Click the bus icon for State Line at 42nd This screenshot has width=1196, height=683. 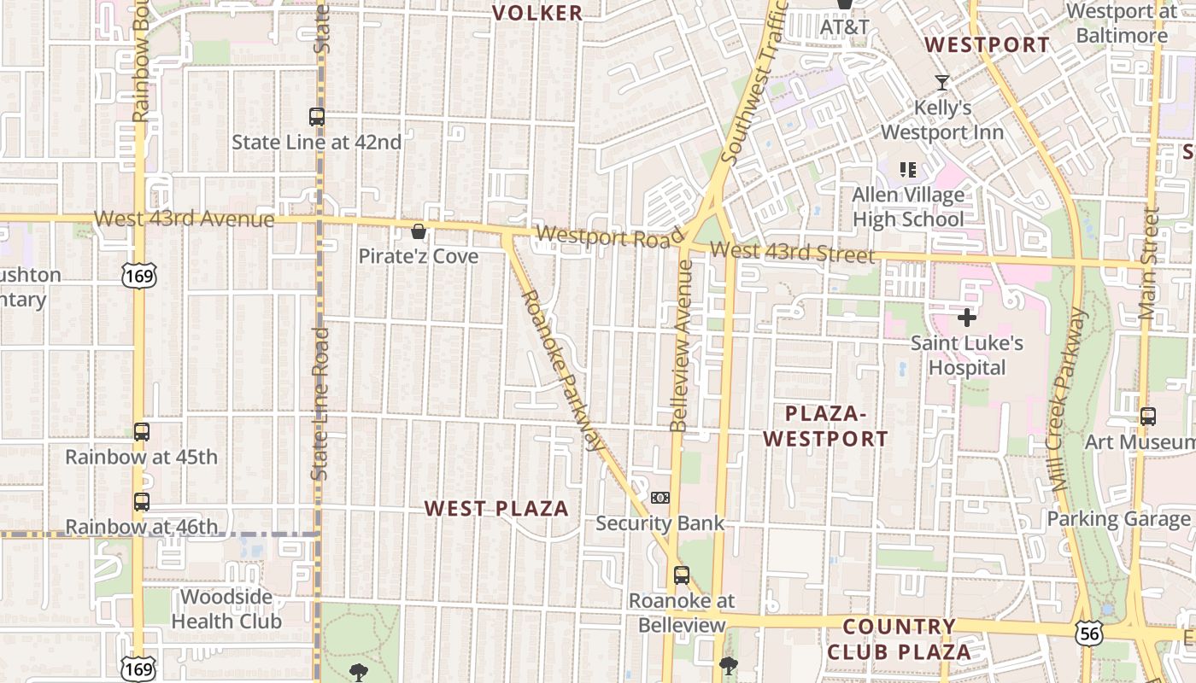tap(317, 117)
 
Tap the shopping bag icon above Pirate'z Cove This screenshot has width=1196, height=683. tap(419, 231)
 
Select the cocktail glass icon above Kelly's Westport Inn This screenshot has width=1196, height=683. tap(942, 83)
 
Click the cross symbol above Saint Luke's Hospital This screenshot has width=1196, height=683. tap(967, 318)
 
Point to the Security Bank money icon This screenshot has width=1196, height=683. tap(660, 498)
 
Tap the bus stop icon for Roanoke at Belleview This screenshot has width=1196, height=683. tap(681, 575)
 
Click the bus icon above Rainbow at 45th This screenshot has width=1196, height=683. tap(142, 432)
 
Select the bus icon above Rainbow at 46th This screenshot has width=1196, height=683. tap(142, 502)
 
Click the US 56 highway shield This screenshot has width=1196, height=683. tap(1088, 633)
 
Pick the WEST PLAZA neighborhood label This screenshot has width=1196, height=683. tap(496, 509)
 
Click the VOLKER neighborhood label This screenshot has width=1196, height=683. tap(538, 13)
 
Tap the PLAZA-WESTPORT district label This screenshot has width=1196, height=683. tap(825, 426)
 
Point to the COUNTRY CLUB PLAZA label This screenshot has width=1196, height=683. tap(899, 639)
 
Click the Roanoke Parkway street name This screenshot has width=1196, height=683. tap(562, 370)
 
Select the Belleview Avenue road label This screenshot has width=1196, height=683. tap(682, 345)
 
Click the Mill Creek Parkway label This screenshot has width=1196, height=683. tap(1068, 399)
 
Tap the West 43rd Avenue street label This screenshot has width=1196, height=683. tap(185, 219)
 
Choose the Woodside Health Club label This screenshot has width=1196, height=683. tap(226, 609)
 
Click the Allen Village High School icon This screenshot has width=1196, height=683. tap(907, 169)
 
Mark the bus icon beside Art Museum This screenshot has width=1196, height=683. tap(1148, 417)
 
